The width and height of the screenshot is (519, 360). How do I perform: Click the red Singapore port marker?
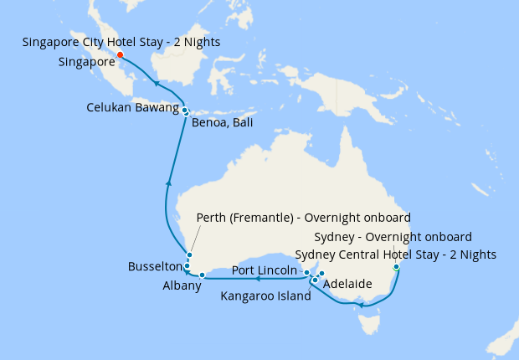click(120, 55)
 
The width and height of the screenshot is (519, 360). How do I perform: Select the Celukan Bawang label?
click(132, 108)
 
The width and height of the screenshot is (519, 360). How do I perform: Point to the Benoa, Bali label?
click(222, 124)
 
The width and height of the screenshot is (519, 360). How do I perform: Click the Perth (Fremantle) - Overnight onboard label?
click(303, 218)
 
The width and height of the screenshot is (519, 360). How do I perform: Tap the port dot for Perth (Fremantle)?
click(190, 255)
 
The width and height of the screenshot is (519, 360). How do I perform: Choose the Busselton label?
click(154, 266)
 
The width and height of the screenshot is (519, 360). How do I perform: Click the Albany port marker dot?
click(203, 275)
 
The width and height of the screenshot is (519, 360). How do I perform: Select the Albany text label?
click(182, 286)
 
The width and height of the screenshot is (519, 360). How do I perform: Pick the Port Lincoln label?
click(265, 271)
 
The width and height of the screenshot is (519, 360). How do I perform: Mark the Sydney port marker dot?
click(396, 267)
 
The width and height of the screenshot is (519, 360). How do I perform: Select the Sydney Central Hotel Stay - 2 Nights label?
click(396, 255)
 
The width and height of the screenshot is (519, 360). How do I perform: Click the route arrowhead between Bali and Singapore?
click(157, 82)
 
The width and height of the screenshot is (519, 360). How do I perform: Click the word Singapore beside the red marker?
click(87, 61)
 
